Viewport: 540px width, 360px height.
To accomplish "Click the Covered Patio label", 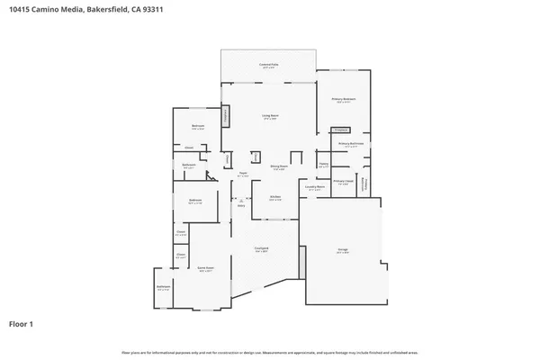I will (267, 65).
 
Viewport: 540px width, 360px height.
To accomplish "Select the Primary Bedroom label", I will (344, 100).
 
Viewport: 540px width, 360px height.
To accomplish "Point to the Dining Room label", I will (279, 166).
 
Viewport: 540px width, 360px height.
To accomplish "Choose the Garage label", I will (343, 251).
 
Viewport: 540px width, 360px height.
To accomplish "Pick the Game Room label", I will (206, 268).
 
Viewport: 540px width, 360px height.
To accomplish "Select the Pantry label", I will (323, 165).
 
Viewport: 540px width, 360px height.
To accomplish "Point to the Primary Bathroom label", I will (350, 144).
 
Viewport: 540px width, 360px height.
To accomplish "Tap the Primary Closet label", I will (343, 182).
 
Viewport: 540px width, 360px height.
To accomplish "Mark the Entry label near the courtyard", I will (241, 205).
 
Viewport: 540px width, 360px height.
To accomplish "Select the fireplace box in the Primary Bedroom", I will (340, 130).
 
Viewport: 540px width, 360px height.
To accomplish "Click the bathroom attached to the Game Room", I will (163, 289).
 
